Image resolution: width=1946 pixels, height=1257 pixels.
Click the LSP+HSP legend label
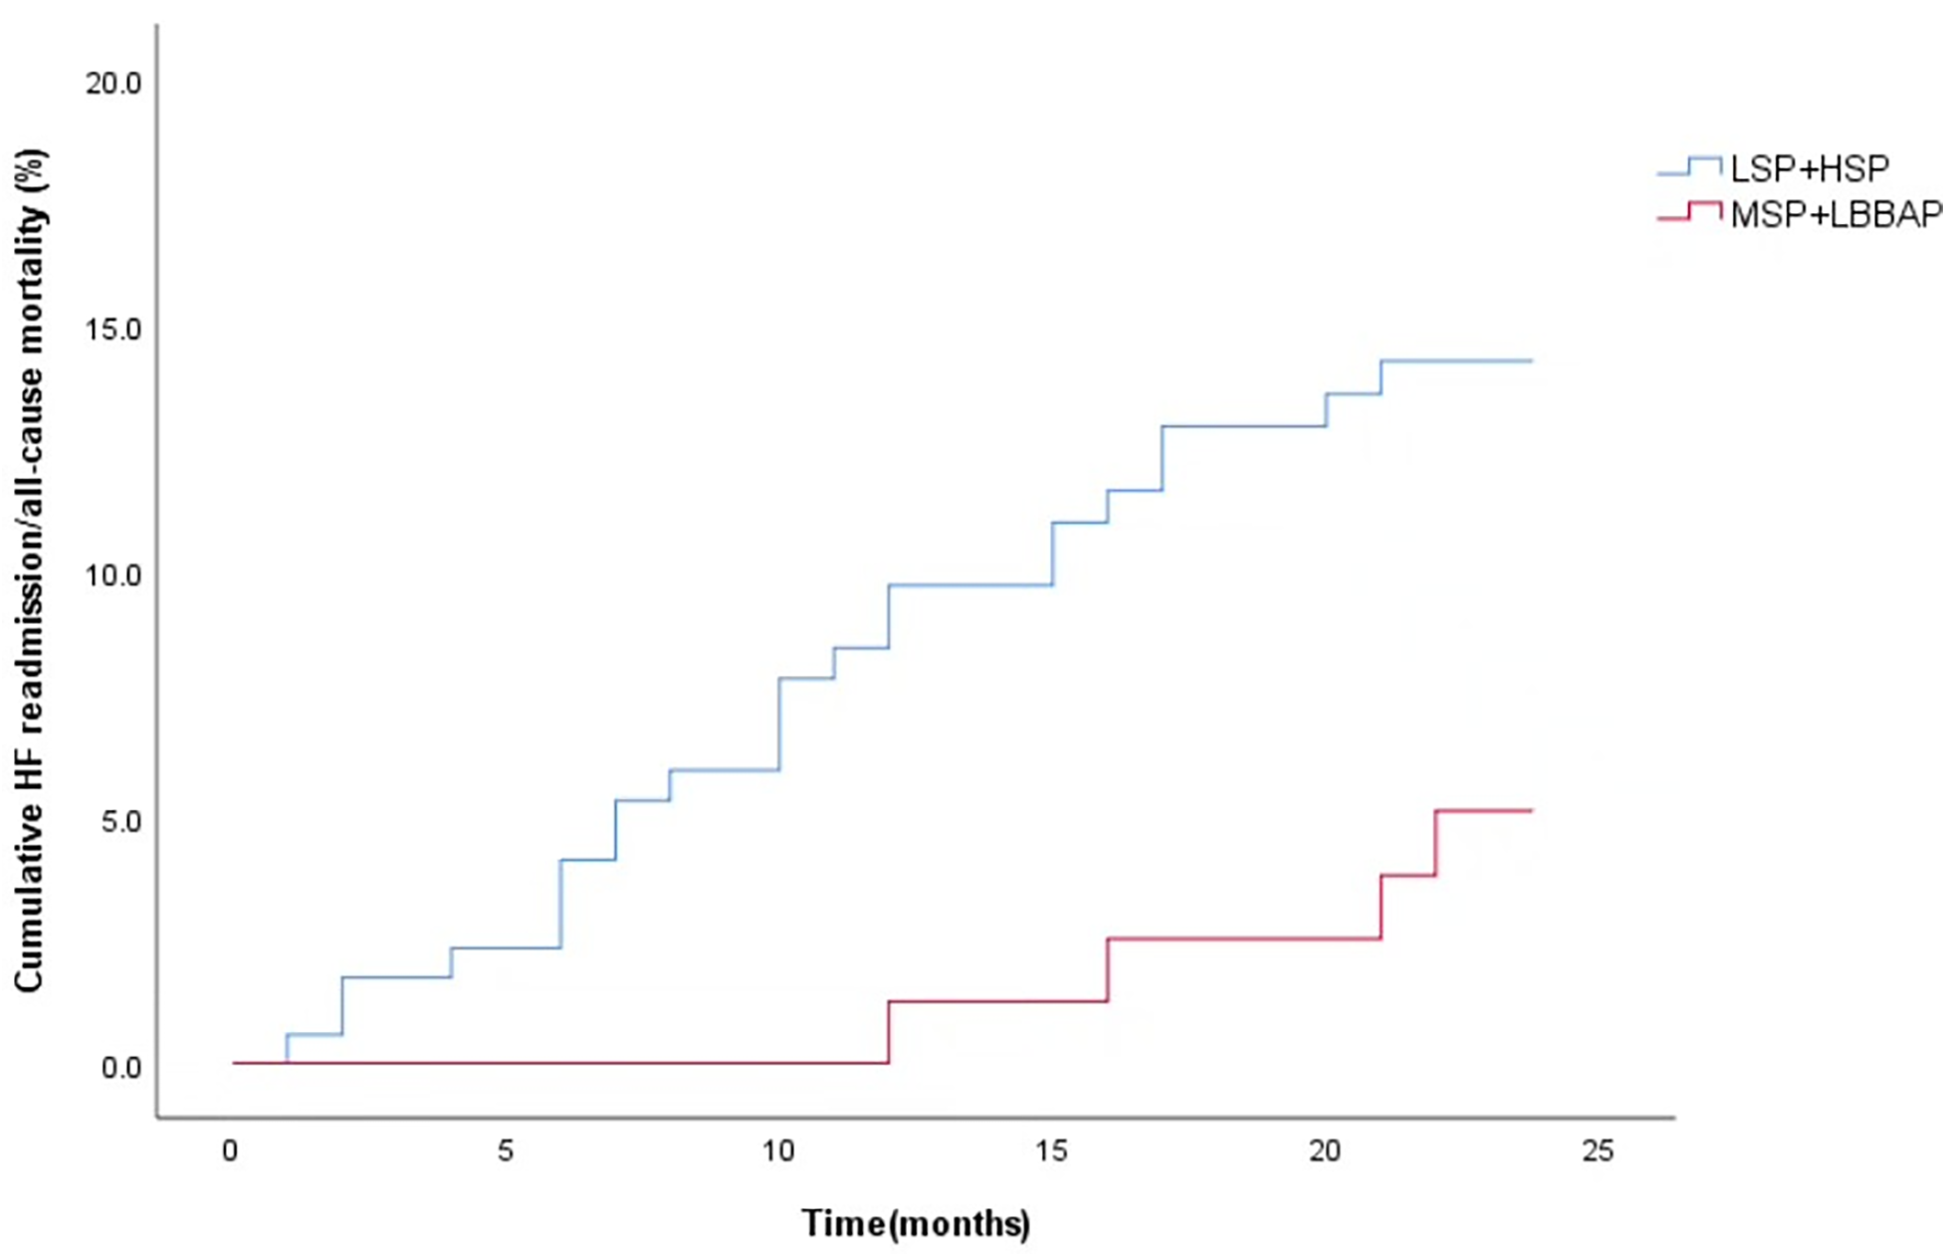click(1809, 169)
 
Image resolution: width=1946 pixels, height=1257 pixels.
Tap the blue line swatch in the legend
click(1689, 167)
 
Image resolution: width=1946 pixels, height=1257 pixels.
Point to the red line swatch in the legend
click(1689, 212)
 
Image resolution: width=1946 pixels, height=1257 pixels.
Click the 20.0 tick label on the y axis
click(113, 84)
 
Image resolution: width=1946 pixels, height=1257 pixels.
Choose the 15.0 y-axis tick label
click(113, 329)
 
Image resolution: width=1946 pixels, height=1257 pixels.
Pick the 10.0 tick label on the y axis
click(113, 576)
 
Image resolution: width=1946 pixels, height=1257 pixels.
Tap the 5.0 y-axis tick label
click(120, 822)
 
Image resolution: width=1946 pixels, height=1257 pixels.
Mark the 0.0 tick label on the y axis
click(120, 1068)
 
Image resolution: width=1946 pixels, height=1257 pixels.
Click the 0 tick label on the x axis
click(231, 1152)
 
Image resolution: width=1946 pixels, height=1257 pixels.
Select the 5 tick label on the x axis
click(506, 1152)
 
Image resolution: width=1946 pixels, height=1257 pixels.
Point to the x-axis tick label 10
click(778, 1152)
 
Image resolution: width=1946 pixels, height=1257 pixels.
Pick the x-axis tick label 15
click(1051, 1152)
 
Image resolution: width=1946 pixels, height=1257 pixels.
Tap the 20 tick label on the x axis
click(1325, 1152)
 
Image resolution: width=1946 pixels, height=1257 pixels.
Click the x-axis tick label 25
click(1598, 1152)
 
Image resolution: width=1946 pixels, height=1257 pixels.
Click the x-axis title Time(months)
click(916, 1223)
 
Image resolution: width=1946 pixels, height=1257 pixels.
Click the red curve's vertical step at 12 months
click(889, 1033)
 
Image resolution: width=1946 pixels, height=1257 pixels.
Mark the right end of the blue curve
click(1531, 360)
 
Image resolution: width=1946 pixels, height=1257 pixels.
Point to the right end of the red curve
click(1531, 811)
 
